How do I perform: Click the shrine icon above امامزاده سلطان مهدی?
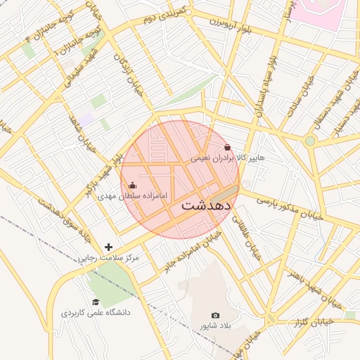[x=133, y=185]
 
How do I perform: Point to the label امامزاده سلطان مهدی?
[x=133, y=196]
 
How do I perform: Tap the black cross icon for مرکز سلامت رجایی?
[x=108, y=247]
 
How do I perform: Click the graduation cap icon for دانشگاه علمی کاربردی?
[x=96, y=302]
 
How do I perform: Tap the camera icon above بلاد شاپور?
[x=215, y=315]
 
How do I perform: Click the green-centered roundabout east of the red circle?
[x=310, y=141]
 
